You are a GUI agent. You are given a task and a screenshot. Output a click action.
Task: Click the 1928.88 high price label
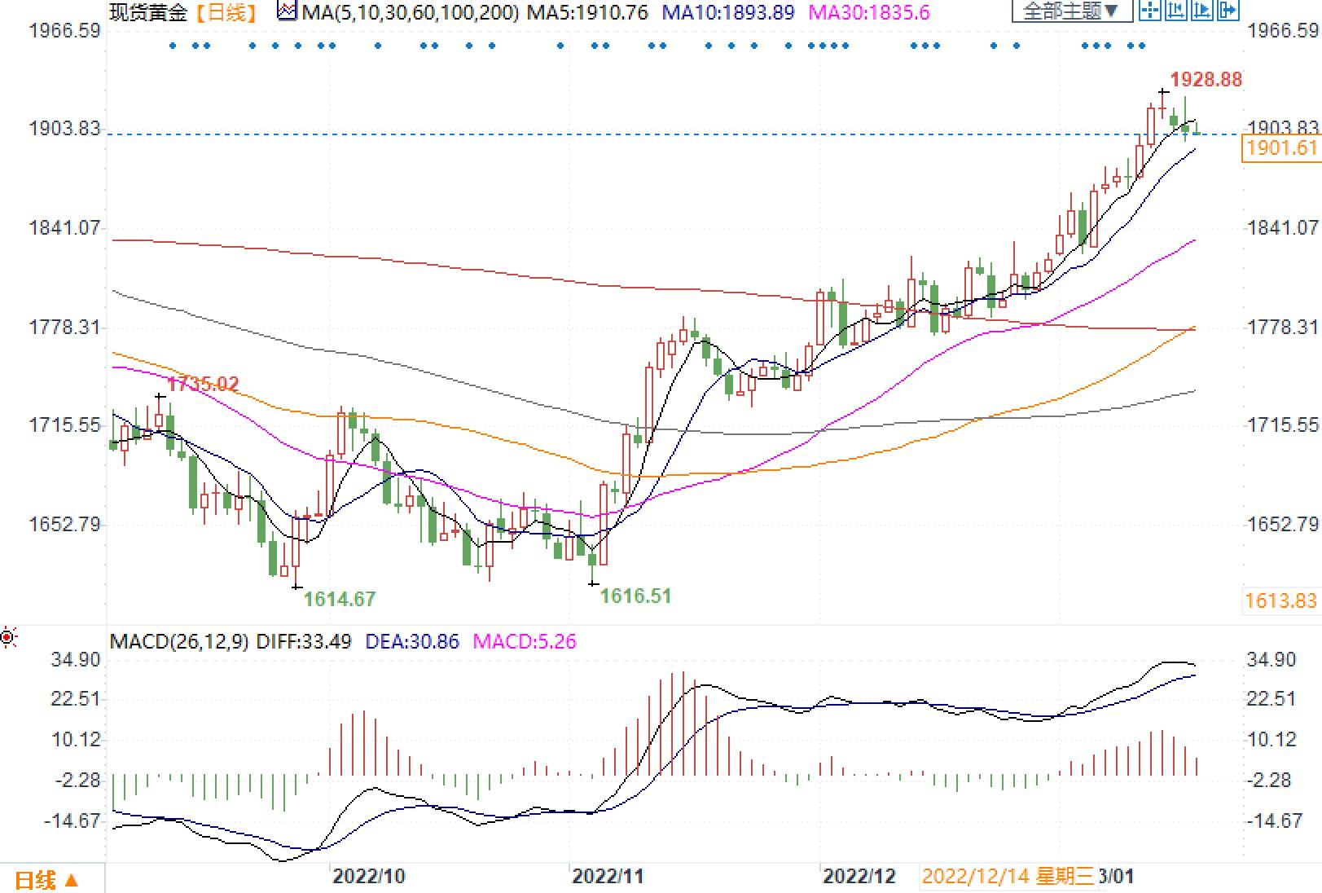[x=1206, y=80]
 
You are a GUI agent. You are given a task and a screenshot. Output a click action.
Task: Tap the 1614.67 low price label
[x=339, y=600]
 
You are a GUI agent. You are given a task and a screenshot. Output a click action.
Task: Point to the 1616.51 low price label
[x=635, y=596]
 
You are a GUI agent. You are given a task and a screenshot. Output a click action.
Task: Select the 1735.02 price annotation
[x=203, y=384]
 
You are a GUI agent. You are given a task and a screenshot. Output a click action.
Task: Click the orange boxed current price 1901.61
[x=1280, y=148]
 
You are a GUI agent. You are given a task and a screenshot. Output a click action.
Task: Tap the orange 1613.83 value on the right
[x=1280, y=601]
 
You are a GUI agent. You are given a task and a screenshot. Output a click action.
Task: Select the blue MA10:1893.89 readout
[x=727, y=13]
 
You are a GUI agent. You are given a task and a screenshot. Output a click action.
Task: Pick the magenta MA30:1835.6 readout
[x=869, y=13]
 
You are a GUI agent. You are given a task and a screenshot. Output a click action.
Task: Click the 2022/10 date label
[x=368, y=877]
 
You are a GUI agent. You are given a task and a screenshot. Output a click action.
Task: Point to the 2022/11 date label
[x=608, y=877]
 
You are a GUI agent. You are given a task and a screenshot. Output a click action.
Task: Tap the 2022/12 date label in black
[x=859, y=877]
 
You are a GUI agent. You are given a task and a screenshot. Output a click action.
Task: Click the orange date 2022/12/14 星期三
[x=1008, y=877]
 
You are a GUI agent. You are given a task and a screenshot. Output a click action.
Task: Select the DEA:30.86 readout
[x=412, y=642]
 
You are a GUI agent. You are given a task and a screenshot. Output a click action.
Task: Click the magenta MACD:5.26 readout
[x=525, y=642]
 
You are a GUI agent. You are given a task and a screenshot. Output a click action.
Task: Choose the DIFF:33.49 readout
[x=304, y=642]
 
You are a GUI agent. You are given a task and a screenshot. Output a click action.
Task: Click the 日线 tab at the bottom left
[x=46, y=880]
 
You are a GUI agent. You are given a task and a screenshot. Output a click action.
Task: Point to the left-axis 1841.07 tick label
[x=64, y=227]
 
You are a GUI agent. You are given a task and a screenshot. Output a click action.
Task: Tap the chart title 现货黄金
[x=147, y=13]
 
